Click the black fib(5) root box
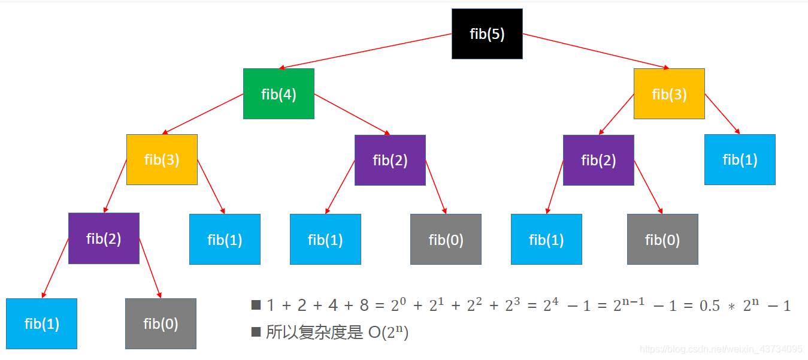(487, 34)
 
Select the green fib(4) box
(279, 94)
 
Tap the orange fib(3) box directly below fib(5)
(669, 94)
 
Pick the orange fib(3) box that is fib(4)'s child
(162, 159)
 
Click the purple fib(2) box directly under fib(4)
(390, 160)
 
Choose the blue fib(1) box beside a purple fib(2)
(740, 159)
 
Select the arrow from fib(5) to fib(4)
(365, 52)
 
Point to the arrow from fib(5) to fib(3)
(596, 51)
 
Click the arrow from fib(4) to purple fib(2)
(352, 114)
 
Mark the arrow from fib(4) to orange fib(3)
(204, 114)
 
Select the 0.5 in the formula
(710, 305)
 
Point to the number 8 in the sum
(364, 305)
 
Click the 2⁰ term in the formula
(399, 305)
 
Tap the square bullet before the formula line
(256, 305)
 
